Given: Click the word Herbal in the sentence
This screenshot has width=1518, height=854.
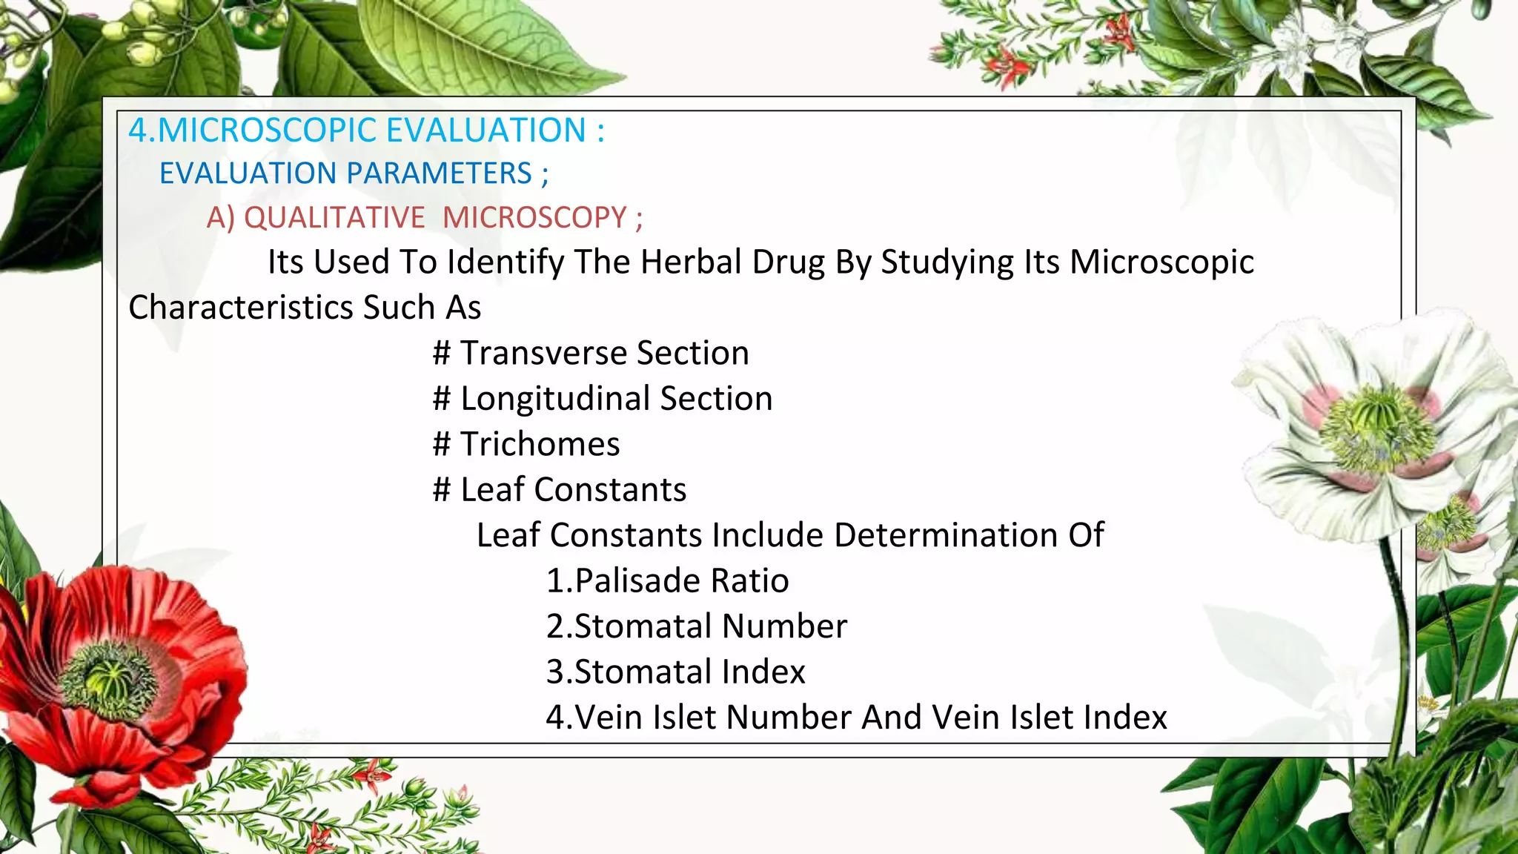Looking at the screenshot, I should coord(690,262).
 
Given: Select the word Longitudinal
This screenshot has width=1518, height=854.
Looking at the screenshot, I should coord(554,398).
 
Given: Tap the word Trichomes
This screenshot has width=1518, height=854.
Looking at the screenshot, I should coord(540,444).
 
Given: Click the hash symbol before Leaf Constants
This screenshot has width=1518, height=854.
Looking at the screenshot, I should coord(442,490).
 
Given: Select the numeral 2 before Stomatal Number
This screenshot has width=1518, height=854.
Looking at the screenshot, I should coord(555,626).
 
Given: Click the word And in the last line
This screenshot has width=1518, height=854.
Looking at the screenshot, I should coord(889,718).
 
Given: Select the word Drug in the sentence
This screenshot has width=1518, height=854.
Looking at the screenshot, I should coord(788,262).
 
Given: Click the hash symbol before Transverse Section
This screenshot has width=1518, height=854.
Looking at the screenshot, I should coord(442,353).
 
